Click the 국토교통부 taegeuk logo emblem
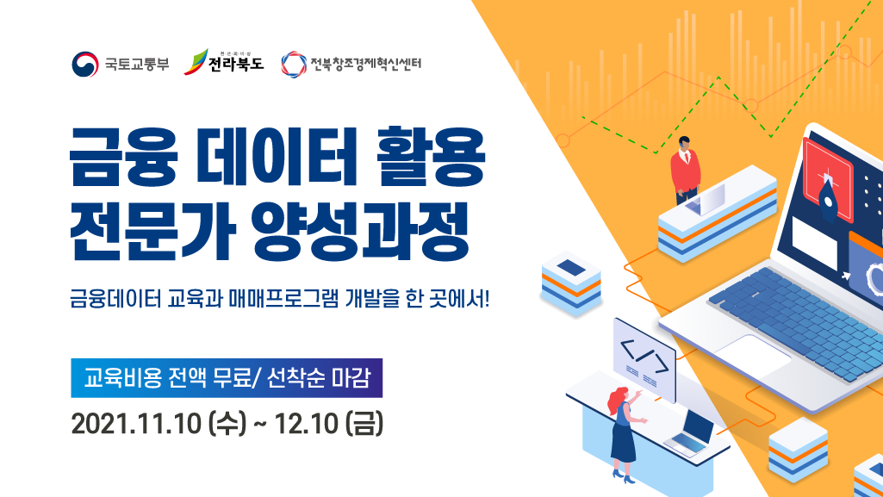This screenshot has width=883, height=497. click(85, 64)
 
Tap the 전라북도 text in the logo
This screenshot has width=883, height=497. click(236, 63)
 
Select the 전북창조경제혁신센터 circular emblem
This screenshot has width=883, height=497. click(294, 64)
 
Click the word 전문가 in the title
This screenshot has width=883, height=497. click(150, 231)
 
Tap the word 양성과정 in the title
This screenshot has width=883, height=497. click(360, 231)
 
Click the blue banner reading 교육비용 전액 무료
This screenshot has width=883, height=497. click(227, 377)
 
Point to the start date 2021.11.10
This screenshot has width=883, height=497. click(136, 424)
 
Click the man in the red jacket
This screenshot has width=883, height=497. click(685, 170)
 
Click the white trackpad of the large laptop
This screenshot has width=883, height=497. click(752, 354)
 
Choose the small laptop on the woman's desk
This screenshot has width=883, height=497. click(690, 432)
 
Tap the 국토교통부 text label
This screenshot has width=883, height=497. click(137, 64)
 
